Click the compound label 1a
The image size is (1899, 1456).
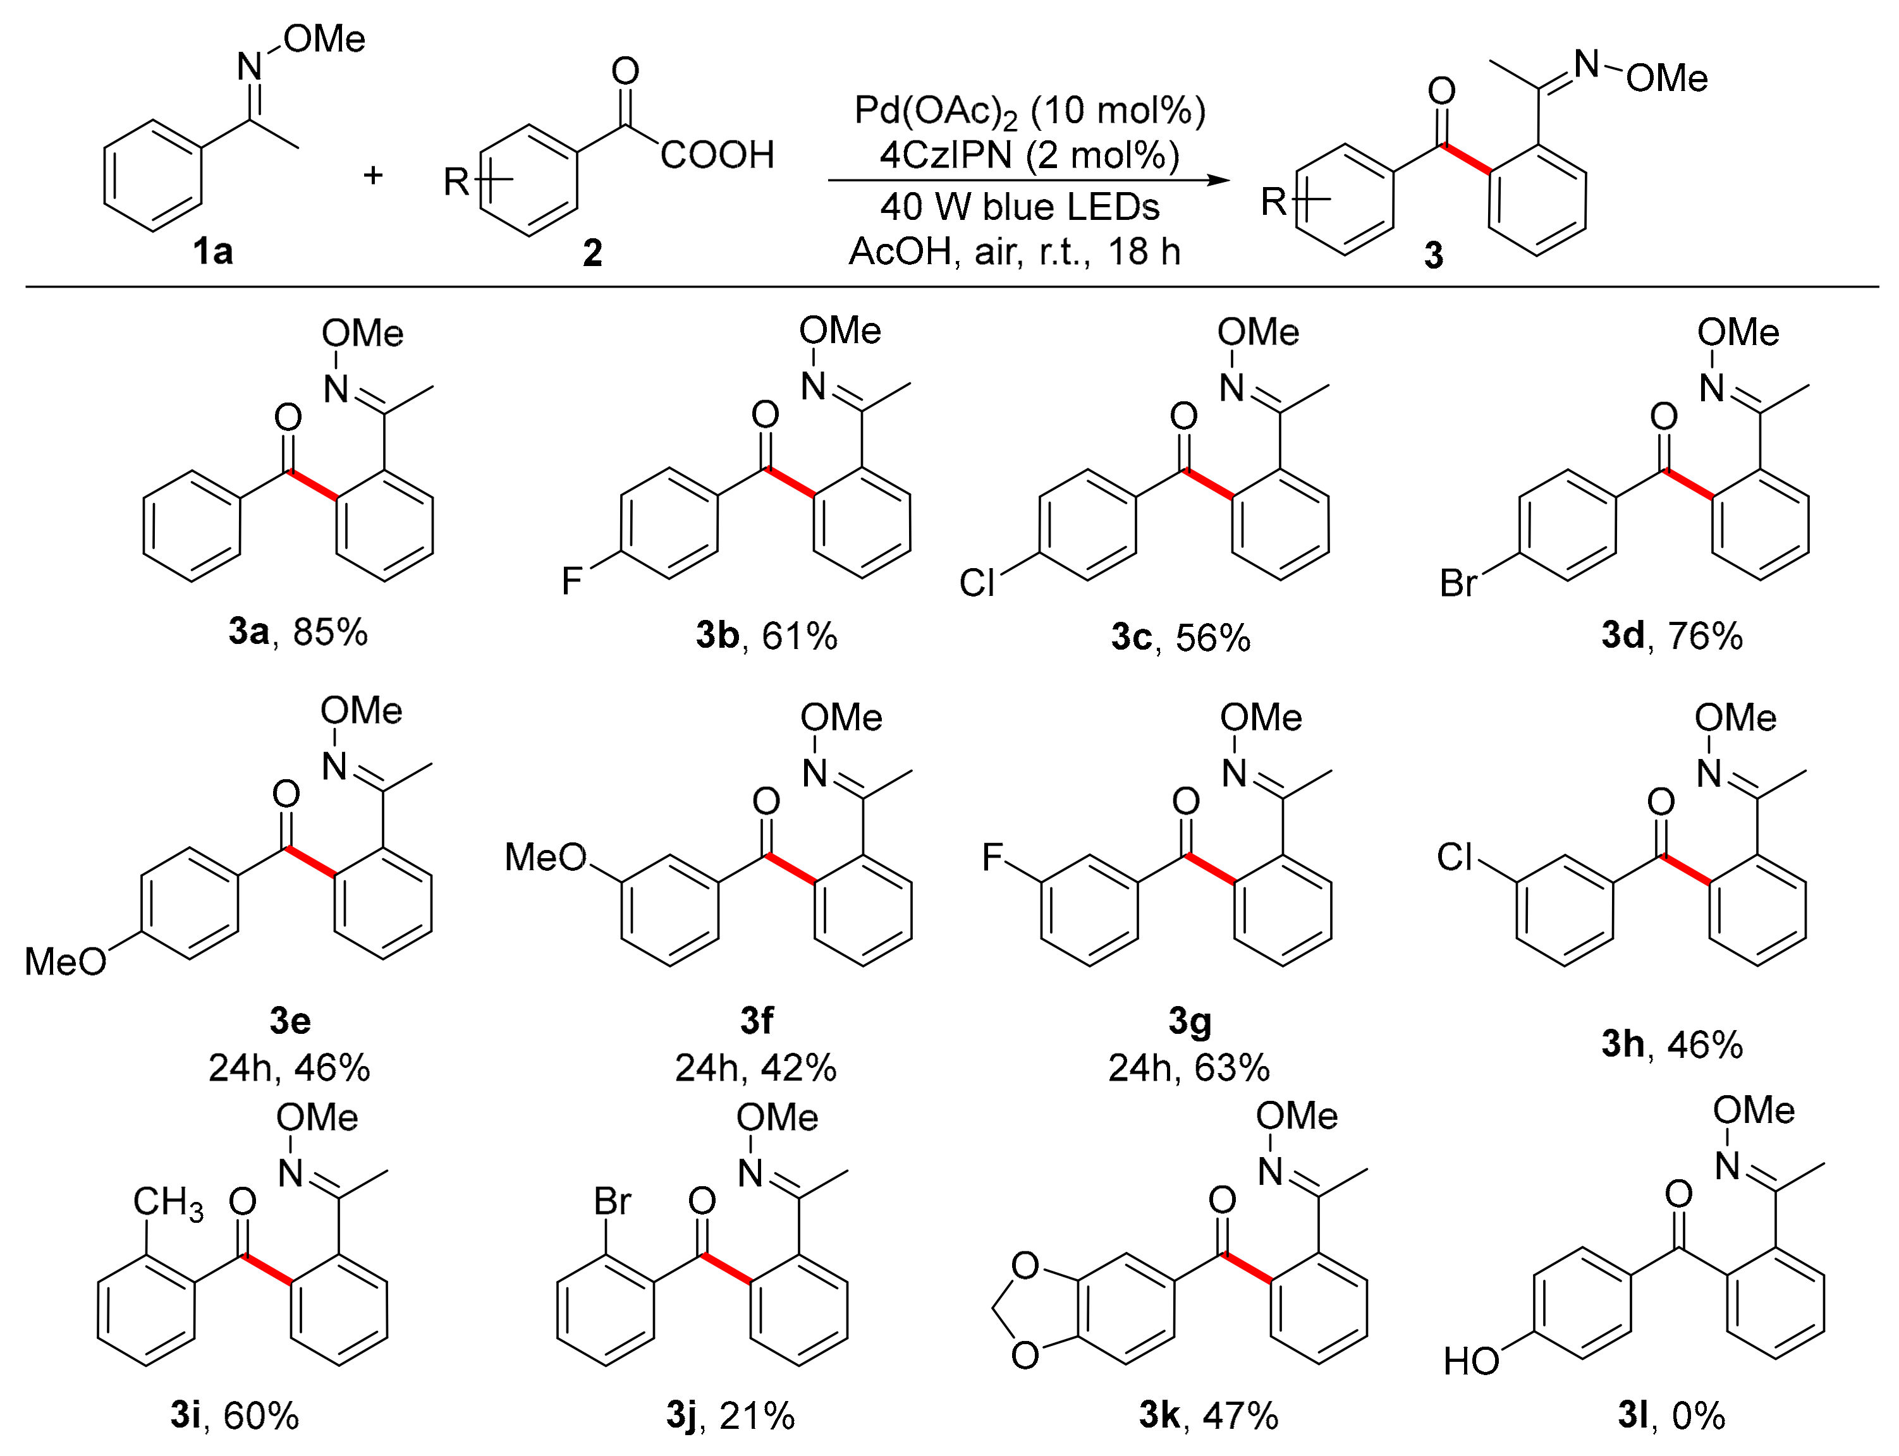tap(212, 252)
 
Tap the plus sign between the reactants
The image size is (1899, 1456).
tap(373, 176)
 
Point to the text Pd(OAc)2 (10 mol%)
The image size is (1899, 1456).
tap(1030, 111)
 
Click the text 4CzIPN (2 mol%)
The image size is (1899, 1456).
tap(1030, 156)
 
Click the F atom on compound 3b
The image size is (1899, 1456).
tap(570, 581)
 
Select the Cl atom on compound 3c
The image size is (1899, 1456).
tap(977, 583)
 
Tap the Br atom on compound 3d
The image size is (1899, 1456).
tap(1458, 583)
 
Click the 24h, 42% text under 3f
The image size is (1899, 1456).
tap(756, 1069)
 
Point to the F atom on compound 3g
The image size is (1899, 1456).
tap(992, 858)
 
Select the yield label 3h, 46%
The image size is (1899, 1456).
tap(1672, 1045)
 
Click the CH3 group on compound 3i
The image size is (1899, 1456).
tap(168, 1204)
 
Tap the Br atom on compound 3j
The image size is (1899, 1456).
tap(612, 1202)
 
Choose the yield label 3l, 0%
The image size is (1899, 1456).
tap(1672, 1416)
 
